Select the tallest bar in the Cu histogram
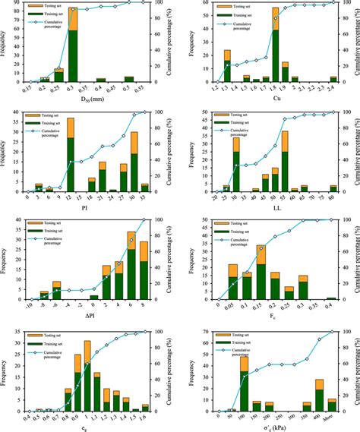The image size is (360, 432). [x=275, y=46]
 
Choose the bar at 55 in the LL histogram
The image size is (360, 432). [x=284, y=162]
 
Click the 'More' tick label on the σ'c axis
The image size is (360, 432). [x=332, y=417]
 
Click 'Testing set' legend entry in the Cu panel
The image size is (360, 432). [x=232, y=5]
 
